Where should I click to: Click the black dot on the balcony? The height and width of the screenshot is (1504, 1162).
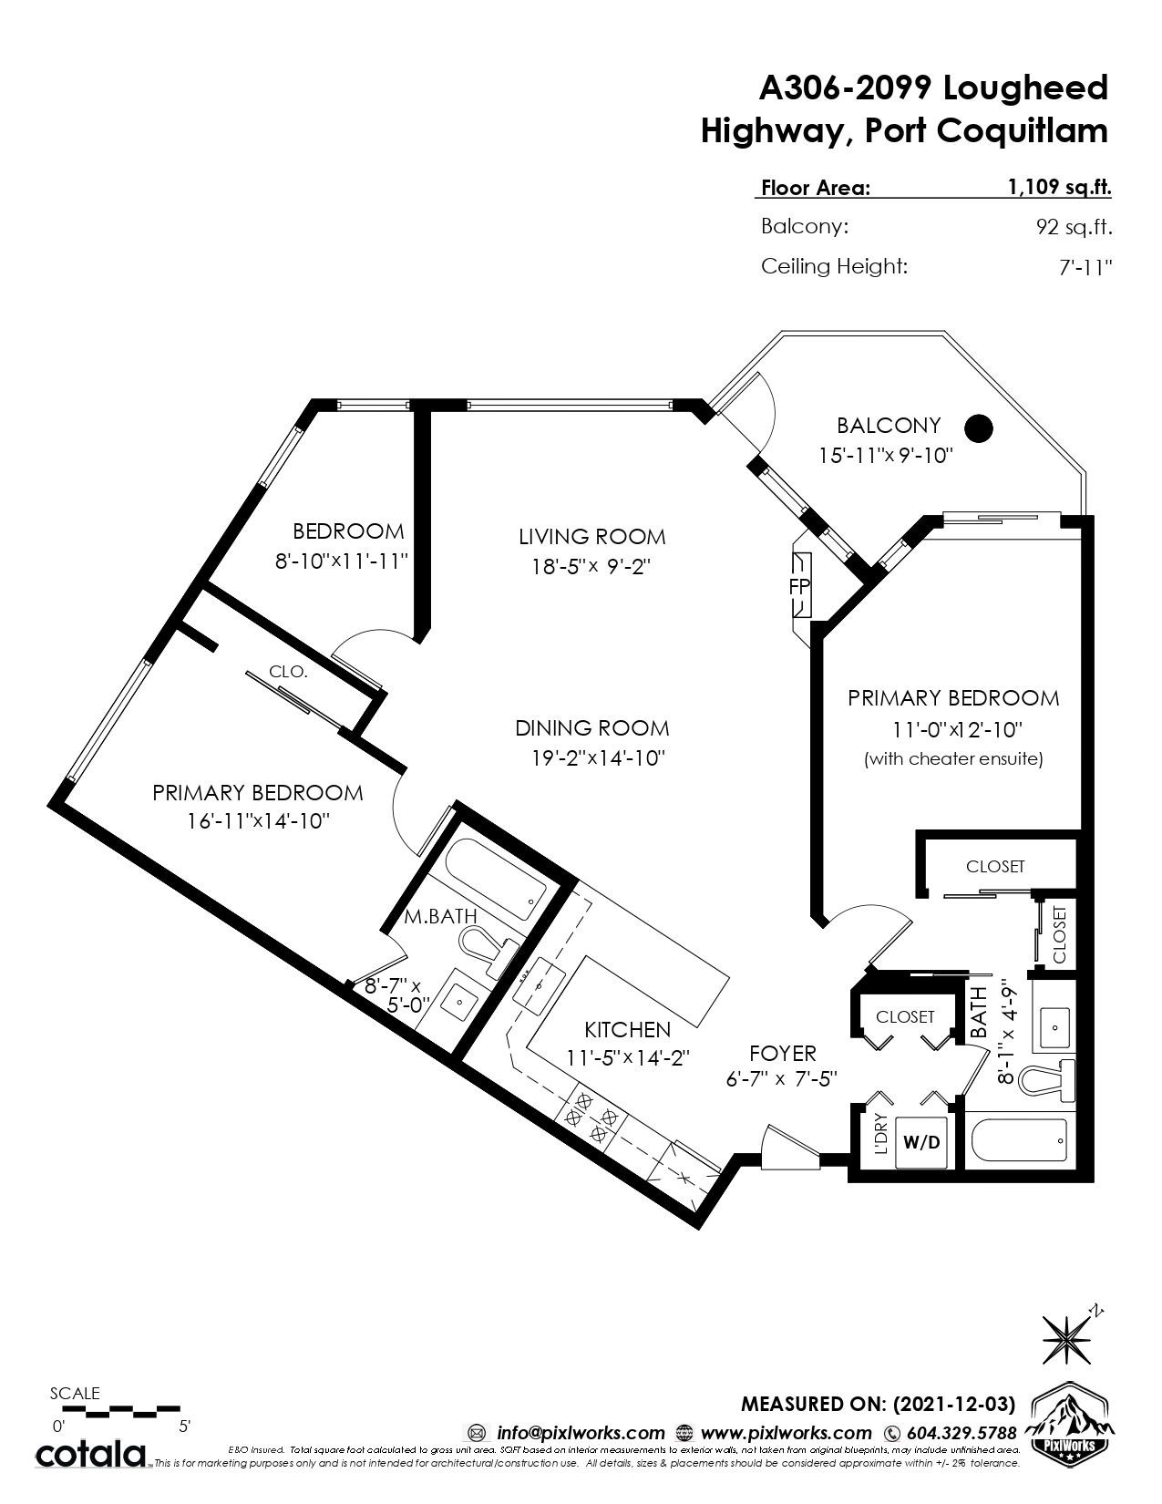(979, 428)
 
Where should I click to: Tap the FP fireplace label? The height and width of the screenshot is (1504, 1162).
(798, 587)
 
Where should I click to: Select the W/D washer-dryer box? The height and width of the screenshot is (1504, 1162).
(921, 1141)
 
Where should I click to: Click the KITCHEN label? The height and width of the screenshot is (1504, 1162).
(627, 1029)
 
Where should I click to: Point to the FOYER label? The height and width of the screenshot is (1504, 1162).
(782, 1054)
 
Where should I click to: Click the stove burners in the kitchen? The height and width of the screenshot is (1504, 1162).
(591, 1116)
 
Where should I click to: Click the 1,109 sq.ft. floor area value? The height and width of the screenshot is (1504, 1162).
(1058, 187)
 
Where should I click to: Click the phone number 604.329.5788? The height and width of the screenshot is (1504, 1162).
(961, 1432)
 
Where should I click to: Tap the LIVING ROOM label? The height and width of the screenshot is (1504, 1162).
(592, 536)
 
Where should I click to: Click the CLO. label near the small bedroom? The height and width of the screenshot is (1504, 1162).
(288, 672)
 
